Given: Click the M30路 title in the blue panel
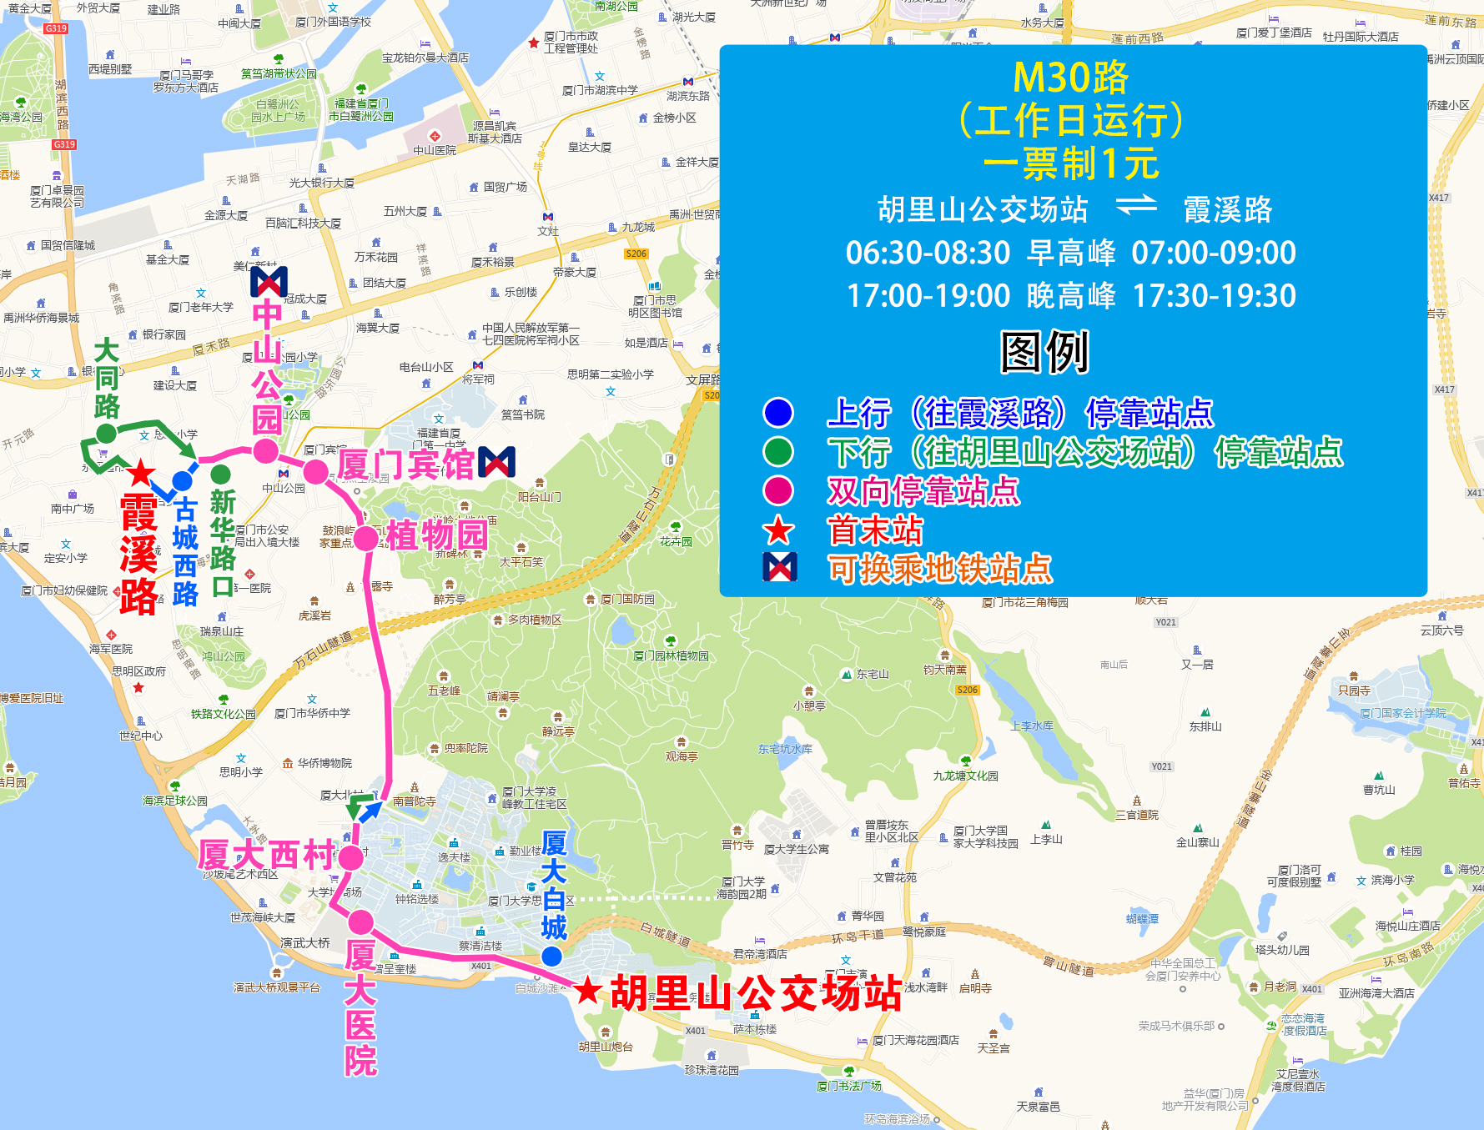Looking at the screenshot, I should pyautogui.click(x=1070, y=78).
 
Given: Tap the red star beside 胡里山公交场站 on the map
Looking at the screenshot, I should pyautogui.click(x=588, y=990).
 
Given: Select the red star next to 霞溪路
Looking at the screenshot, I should pyautogui.click(x=140, y=473).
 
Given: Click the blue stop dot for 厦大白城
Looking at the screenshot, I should pyautogui.click(x=551, y=957).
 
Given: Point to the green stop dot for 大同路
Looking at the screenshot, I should pyautogui.click(x=106, y=433).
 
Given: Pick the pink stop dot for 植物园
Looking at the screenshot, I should pyautogui.click(x=365, y=538).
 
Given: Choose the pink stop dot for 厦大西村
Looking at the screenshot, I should pyautogui.click(x=351, y=856).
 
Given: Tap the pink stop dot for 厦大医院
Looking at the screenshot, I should pyautogui.click(x=360, y=922).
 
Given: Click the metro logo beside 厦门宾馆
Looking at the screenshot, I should pyautogui.click(x=497, y=462).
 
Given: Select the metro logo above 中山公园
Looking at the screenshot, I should pyautogui.click(x=269, y=282).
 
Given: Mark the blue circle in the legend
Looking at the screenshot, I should pyautogui.click(x=777, y=412).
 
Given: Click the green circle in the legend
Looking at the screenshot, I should pyautogui.click(x=777, y=451).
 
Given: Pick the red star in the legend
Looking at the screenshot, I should pyautogui.click(x=778, y=530).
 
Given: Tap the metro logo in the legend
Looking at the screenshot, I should pyautogui.click(x=779, y=567).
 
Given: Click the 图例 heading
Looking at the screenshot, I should pyautogui.click(x=1044, y=352).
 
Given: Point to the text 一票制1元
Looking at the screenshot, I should pyautogui.click(x=1071, y=163).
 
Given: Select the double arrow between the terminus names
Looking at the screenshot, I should pyautogui.click(x=1135, y=205).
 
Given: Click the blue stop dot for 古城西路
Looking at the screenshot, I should pyautogui.click(x=182, y=481).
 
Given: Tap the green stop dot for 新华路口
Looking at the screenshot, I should pyautogui.click(x=220, y=475).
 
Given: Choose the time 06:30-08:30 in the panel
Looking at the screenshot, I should pyautogui.click(x=928, y=253).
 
